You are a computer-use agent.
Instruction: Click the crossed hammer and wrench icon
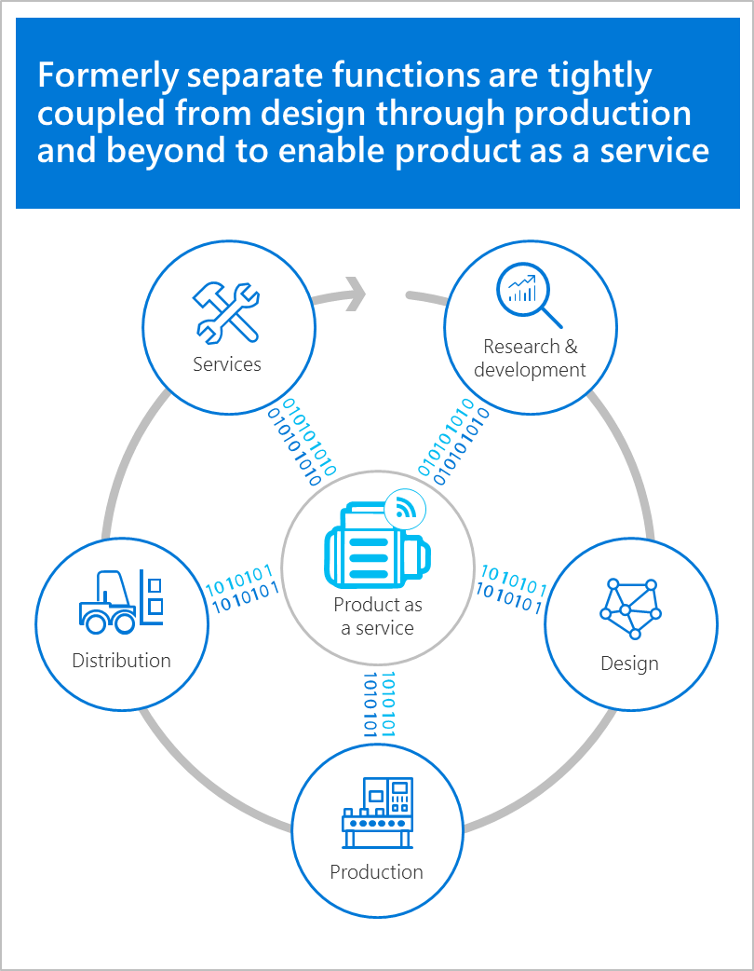point(225,311)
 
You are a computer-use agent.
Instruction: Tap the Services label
point(227,363)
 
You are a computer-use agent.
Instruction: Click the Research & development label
point(530,358)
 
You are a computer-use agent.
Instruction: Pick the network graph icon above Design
point(630,609)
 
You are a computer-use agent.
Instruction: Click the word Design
point(629,663)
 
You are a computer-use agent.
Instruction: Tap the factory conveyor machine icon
point(377,812)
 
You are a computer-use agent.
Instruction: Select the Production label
point(376,872)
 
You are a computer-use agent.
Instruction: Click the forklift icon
point(121,601)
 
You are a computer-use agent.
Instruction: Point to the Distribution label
point(121,661)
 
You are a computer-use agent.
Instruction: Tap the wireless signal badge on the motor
point(405,508)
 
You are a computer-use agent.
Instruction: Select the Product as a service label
point(378,616)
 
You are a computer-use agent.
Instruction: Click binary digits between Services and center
point(302,441)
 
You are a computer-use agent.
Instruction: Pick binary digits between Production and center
point(379,704)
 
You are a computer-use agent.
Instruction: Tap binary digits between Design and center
point(510,591)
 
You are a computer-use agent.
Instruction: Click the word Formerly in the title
point(110,76)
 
